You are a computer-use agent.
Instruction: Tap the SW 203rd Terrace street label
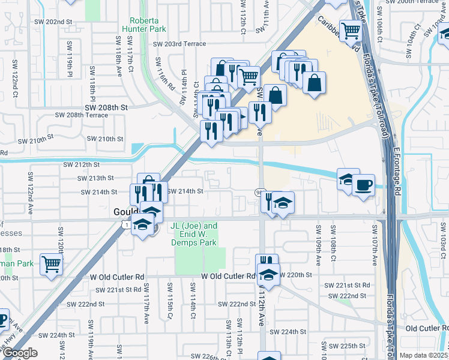[179, 44]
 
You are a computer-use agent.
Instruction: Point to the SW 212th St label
[81, 164]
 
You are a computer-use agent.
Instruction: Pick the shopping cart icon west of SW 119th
[51, 263]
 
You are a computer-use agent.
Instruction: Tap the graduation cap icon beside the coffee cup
[348, 179]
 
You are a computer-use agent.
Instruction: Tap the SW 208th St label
[106, 107]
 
